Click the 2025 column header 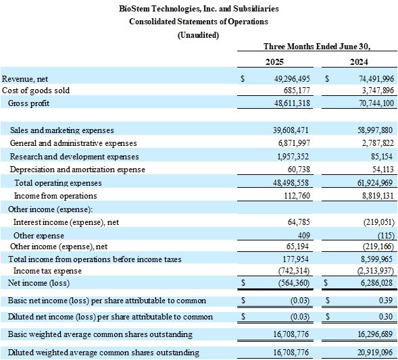click(x=274, y=62)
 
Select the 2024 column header click(x=359, y=62)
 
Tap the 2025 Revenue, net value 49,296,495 click(x=292, y=79)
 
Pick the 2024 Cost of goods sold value click(x=378, y=91)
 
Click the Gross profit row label click(x=28, y=103)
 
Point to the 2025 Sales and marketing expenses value click(x=291, y=130)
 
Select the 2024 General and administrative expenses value click(x=378, y=143)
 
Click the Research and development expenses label click(x=74, y=157)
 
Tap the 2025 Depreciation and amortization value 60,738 click(x=299, y=170)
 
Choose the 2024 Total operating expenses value click(x=375, y=182)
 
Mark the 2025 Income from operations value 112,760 click(x=297, y=196)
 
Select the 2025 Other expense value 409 click(x=304, y=236)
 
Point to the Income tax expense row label click(x=47, y=271)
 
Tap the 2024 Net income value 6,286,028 click(x=376, y=283)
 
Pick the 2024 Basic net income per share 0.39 click(x=386, y=301)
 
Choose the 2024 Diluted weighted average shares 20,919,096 click(x=375, y=353)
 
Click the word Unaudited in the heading click(x=198, y=35)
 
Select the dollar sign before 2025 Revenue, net click(x=243, y=79)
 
